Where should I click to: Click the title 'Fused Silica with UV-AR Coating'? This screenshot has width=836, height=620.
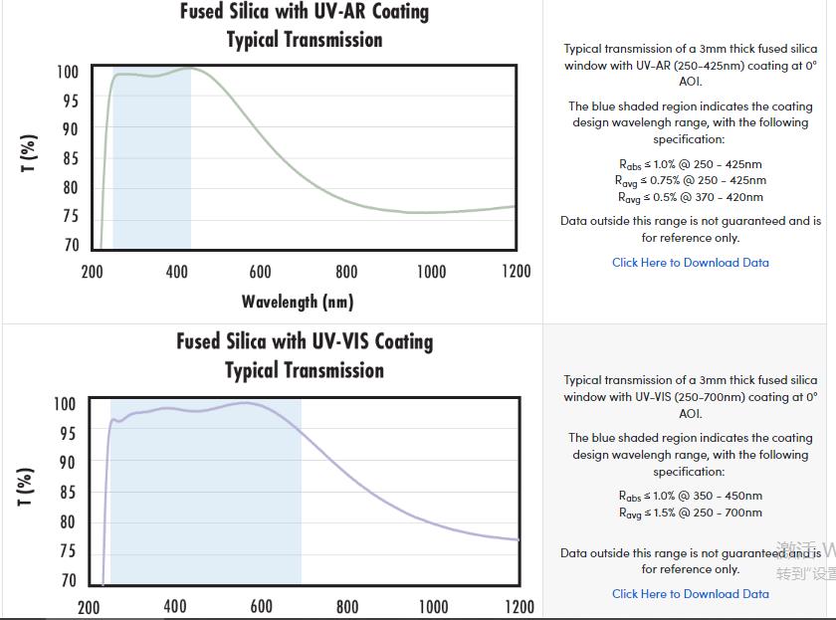click(x=304, y=12)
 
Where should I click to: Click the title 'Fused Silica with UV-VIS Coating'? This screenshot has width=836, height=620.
click(x=305, y=341)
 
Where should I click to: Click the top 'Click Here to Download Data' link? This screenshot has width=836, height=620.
click(x=690, y=263)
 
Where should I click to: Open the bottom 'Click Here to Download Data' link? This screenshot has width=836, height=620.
click(x=690, y=594)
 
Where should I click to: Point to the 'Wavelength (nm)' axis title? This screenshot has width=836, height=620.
click(x=297, y=301)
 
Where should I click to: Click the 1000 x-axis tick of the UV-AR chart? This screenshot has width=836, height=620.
click(x=431, y=272)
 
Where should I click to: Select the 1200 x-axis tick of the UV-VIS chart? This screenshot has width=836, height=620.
click(x=519, y=606)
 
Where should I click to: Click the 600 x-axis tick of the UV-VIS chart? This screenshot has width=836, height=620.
click(x=261, y=606)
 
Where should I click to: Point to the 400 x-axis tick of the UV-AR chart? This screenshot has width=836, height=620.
click(x=176, y=272)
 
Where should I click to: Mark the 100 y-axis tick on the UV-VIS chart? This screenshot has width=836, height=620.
click(x=64, y=404)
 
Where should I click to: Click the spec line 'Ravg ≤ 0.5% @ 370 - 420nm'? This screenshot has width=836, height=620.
click(x=690, y=197)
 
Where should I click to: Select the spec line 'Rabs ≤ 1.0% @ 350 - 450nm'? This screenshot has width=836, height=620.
click(x=690, y=496)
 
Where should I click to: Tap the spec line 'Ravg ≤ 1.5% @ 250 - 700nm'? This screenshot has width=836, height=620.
click(x=690, y=514)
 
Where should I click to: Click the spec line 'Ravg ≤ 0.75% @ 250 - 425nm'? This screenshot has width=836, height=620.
click(x=690, y=181)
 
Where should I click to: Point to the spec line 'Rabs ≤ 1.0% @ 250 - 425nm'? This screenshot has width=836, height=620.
click(x=690, y=164)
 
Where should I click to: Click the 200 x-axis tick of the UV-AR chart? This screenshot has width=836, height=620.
click(x=92, y=272)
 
